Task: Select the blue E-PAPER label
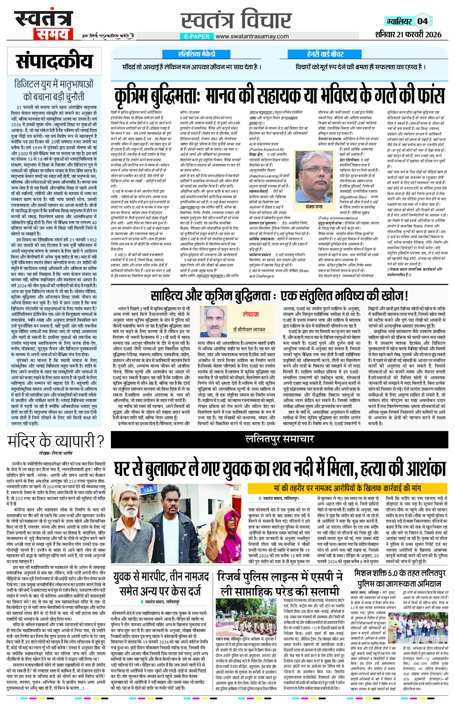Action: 196,36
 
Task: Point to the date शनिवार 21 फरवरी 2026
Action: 408,34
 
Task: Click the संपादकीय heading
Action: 54,62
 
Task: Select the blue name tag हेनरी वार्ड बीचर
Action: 325,54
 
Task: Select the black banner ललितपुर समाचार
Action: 279,439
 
